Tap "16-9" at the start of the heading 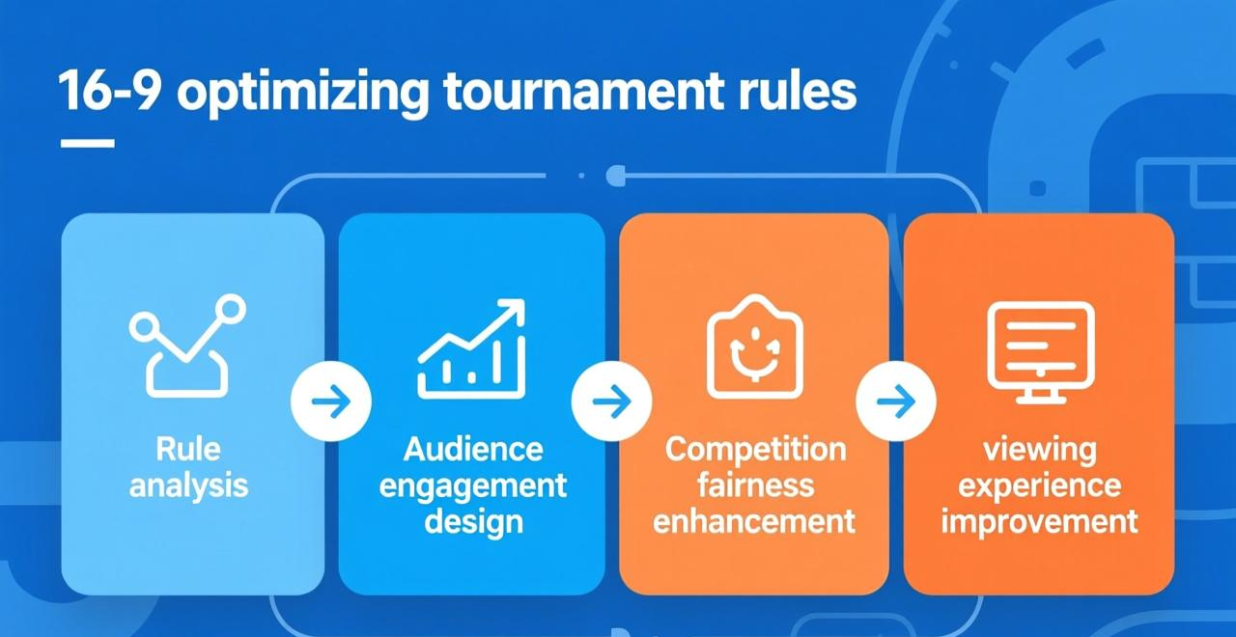click(x=109, y=91)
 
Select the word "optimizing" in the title click(x=302, y=93)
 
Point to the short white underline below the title click(x=87, y=144)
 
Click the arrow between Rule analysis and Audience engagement click(x=331, y=402)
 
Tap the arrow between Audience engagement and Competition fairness click(x=612, y=402)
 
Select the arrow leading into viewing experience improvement click(x=896, y=402)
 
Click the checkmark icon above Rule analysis click(x=187, y=346)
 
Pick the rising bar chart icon click(x=472, y=348)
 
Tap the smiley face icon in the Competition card click(x=755, y=346)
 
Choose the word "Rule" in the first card click(x=188, y=449)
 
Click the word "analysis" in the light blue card click(x=188, y=486)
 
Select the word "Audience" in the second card click(x=473, y=450)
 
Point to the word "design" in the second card click(x=473, y=522)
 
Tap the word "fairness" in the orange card click(x=755, y=485)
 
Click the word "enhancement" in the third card click(x=754, y=522)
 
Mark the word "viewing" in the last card click(x=1040, y=451)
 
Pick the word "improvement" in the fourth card click(x=1040, y=523)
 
